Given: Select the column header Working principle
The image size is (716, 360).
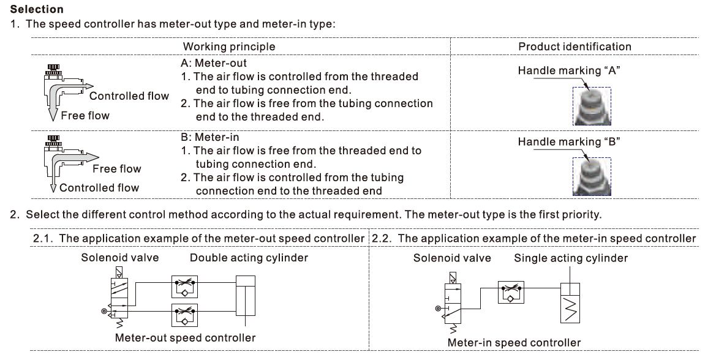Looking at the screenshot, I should coord(229,47).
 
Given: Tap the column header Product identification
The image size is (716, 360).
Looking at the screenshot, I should coord(575,47).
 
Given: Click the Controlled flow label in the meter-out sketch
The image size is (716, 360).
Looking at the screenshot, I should coord(129,96).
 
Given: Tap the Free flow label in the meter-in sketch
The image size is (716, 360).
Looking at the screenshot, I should coord(116,169).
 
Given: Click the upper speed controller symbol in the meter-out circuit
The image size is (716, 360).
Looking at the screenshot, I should coord(184,285).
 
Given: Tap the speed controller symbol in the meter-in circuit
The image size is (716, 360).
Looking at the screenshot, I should coord(510,293).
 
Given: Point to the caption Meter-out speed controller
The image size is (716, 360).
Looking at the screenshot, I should coord(186,337).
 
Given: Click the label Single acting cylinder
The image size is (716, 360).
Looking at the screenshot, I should coord(571,258).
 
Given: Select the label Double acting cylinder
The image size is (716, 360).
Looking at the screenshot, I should coord(249,258).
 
